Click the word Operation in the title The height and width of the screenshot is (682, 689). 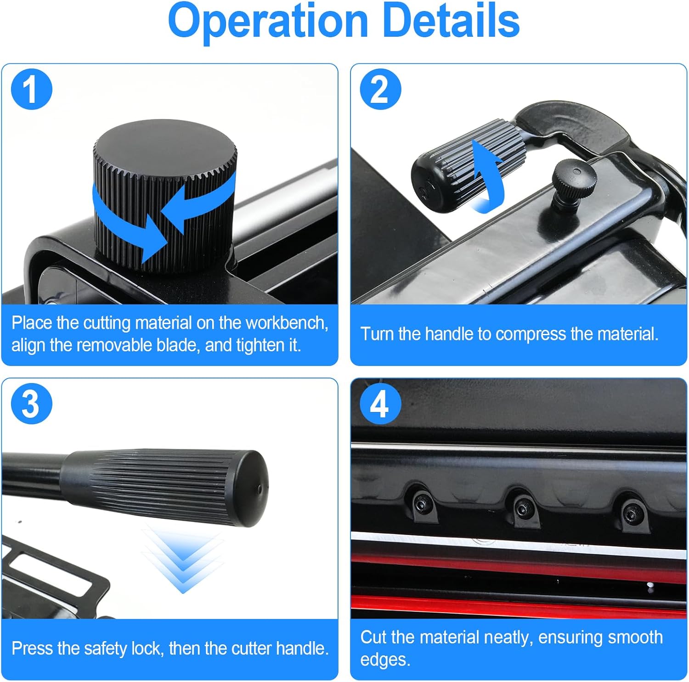tap(268, 21)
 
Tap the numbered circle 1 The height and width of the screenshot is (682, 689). tap(31, 89)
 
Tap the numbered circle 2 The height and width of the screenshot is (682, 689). tap(380, 89)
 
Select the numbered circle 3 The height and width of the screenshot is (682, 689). tap(31, 404)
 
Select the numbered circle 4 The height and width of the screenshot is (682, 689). tap(380, 404)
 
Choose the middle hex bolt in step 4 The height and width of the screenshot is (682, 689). tap(523, 507)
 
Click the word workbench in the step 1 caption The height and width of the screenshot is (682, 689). tap(287, 323)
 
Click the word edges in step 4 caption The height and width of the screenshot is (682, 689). tap(385, 660)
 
